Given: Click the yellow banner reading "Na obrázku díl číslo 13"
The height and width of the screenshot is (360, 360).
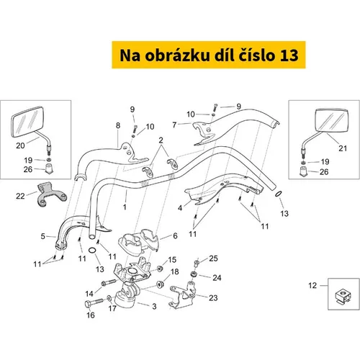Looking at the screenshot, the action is [209, 55].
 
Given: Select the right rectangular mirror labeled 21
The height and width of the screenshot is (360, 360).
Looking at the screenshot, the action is [331, 120].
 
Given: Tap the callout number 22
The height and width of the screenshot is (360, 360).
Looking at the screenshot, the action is [20, 196].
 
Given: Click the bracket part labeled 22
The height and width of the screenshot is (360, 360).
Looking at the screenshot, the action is [51, 195].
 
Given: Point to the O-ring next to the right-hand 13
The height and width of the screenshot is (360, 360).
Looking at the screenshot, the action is [278, 194].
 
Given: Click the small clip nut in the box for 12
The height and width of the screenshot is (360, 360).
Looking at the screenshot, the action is [343, 296].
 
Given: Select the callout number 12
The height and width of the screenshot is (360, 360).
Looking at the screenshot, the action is [312, 285].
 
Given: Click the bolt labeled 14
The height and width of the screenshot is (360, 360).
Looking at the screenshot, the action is [109, 282].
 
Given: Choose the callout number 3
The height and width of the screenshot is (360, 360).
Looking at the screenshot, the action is [154, 306].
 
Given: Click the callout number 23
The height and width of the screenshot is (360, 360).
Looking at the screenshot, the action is [213, 298].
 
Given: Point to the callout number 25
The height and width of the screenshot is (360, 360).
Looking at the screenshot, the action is [213, 258].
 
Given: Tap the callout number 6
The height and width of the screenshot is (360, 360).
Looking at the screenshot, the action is [175, 235].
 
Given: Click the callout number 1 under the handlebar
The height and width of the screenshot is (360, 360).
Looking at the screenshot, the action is [125, 207].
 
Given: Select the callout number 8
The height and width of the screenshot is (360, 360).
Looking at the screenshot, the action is [118, 125].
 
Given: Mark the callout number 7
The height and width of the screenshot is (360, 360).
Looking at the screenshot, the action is [174, 125].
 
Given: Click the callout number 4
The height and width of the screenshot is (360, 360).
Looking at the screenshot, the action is [180, 208].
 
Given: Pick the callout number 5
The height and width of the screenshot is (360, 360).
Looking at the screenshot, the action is [42, 236].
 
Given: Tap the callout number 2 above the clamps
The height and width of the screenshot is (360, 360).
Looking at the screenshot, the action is [161, 140].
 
